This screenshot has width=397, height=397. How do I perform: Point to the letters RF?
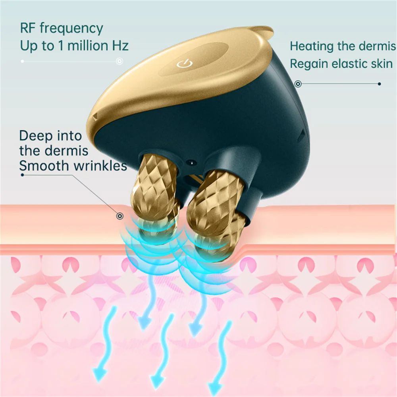click(28, 29)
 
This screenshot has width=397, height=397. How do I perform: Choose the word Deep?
click(36, 136)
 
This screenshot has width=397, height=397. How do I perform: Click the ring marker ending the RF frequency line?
click(119, 61)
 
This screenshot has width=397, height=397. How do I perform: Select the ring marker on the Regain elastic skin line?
click(298, 84)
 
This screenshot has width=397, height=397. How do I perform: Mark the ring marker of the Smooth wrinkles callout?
click(119, 216)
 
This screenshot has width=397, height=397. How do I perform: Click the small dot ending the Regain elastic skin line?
click(380, 84)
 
